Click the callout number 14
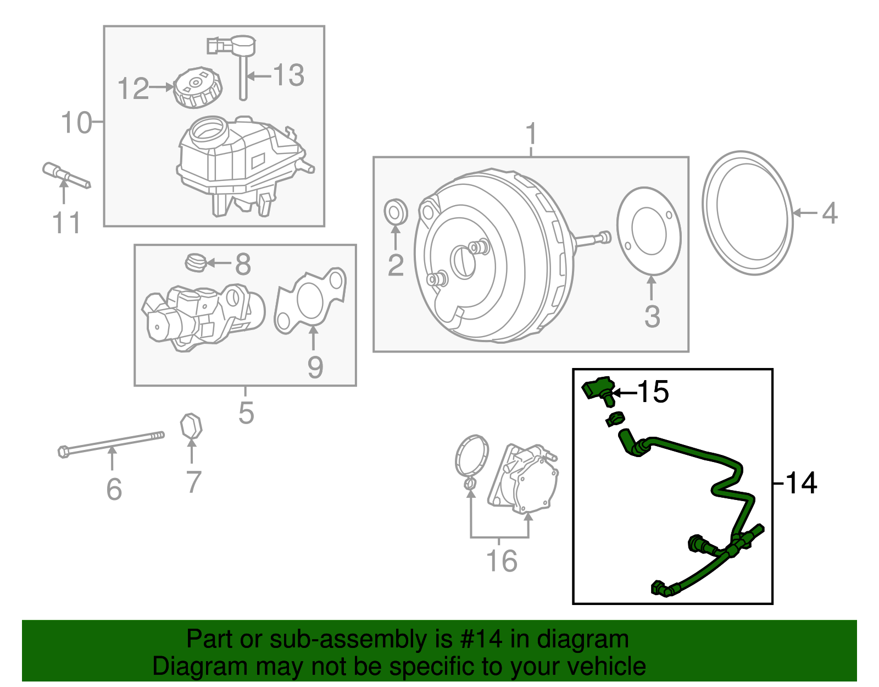[802, 483]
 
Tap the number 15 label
[653, 392]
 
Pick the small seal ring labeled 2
[396, 212]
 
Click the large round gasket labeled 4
[747, 213]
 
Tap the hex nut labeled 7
[191, 427]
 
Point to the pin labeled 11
[65, 174]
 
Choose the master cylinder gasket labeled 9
[311, 299]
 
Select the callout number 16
[502, 561]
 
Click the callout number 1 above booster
[531, 134]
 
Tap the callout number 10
[76, 122]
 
